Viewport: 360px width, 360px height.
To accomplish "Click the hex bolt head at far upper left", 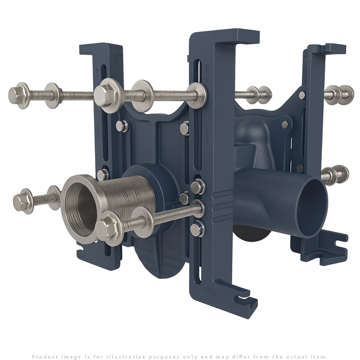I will [x=18, y=95].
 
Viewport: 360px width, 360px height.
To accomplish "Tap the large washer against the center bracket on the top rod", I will [x=197, y=95].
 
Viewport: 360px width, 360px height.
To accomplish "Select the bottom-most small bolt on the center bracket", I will [x=197, y=229].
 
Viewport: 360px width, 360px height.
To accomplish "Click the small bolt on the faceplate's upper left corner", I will [x=121, y=126].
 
